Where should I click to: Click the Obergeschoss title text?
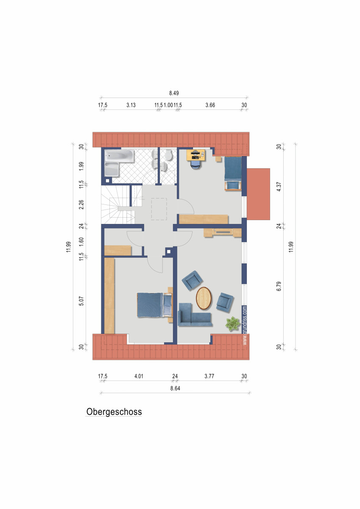point(114,411)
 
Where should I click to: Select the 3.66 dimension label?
point(210,105)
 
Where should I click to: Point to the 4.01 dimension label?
point(139,376)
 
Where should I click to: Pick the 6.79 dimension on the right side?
point(279,287)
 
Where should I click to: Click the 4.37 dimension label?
point(279,187)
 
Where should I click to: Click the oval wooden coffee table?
point(204,298)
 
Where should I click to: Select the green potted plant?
point(232,324)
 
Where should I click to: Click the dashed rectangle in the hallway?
point(159,209)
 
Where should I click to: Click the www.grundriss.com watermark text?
point(245,326)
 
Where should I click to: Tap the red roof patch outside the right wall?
point(258,193)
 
